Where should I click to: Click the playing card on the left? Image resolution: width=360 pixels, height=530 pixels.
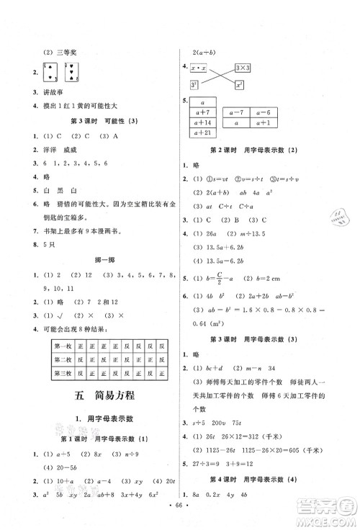50,72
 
